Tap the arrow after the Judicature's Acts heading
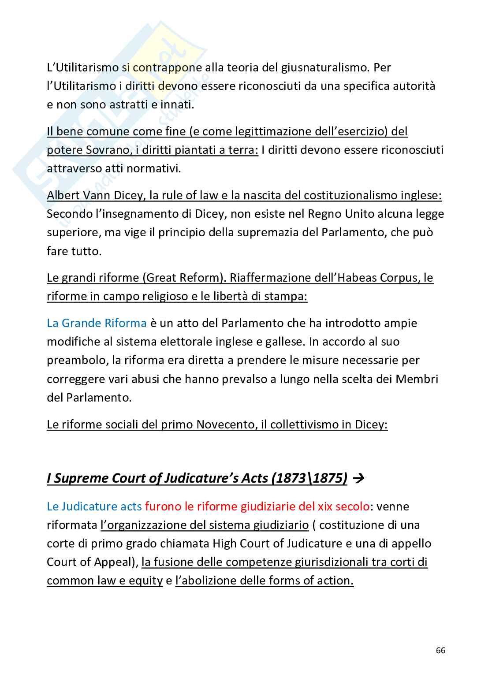pyautogui.click(x=358, y=478)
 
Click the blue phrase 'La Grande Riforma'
pyautogui.click(x=97, y=323)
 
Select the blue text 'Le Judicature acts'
pyautogui.click(x=94, y=506)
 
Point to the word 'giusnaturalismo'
pyautogui.click(x=324, y=67)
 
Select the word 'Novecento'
pyautogui.click(x=224, y=424)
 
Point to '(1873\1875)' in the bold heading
pyautogui.click(x=309, y=478)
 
